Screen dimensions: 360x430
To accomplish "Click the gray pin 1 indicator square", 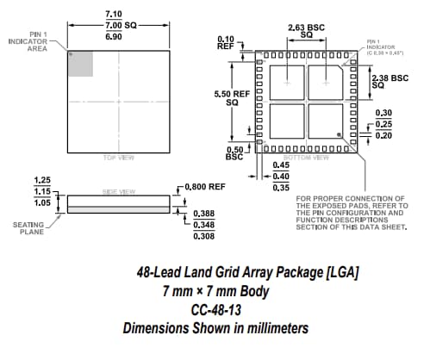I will point(80,64).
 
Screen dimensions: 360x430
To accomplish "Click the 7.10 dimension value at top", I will point(113,15).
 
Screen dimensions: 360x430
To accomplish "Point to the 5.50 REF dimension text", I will point(225,96).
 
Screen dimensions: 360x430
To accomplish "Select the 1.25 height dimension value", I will point(41,180).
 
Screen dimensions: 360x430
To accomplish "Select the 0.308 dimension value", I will point(203,235).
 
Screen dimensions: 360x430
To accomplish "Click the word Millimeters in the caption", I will point(268,328).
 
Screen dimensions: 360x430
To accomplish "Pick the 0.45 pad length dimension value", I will point(280,165).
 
